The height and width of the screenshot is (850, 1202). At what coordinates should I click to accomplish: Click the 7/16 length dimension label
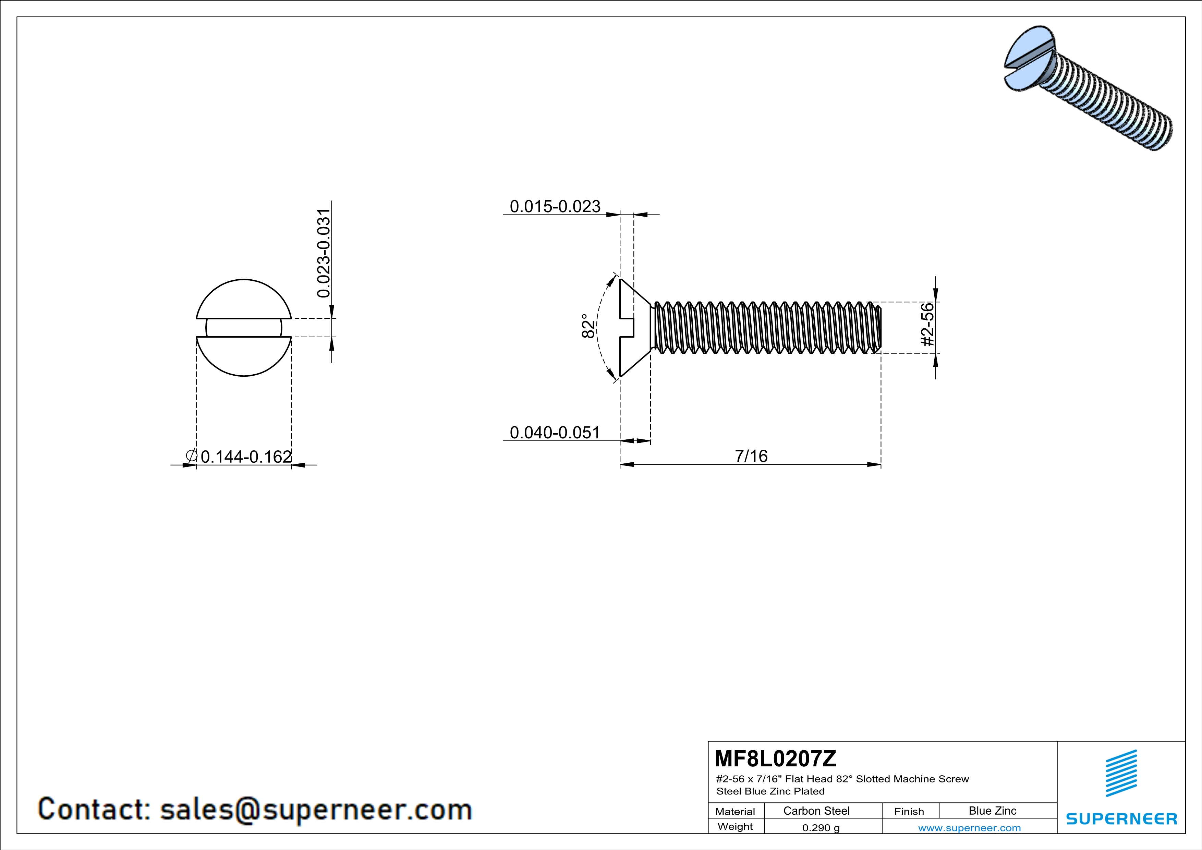[x=751, y=456]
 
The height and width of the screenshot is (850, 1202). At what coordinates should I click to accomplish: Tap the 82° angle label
[x=588, y=326]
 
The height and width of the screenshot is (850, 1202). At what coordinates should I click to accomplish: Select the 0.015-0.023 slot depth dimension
[x=555, y=206]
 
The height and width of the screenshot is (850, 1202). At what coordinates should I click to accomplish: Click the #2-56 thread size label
[x=927, y=325]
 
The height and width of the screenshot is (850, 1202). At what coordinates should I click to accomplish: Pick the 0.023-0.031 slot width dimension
[x=324, y=253]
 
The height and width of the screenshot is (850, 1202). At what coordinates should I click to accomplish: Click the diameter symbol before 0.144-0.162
[x=191, y=456]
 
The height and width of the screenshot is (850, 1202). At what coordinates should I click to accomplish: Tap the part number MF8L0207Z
[x=775, y=758]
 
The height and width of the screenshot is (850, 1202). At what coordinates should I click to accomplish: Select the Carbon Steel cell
[x=816, y=811]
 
